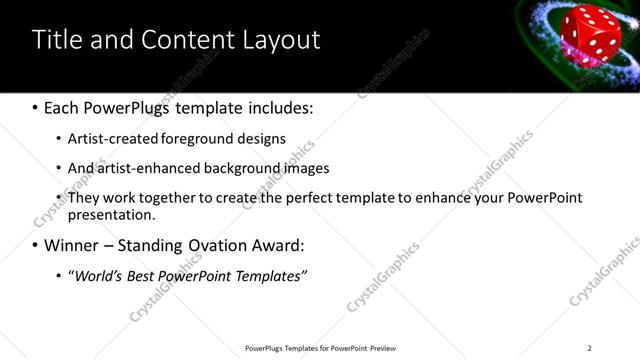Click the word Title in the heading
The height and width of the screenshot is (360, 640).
tap(56, 40)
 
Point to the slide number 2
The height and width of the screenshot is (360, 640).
tap(589, 348)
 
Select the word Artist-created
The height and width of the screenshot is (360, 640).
tap(109, 138)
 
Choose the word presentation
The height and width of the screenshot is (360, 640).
tap(111, 215)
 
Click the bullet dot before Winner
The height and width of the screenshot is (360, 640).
tap(36, 245)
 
